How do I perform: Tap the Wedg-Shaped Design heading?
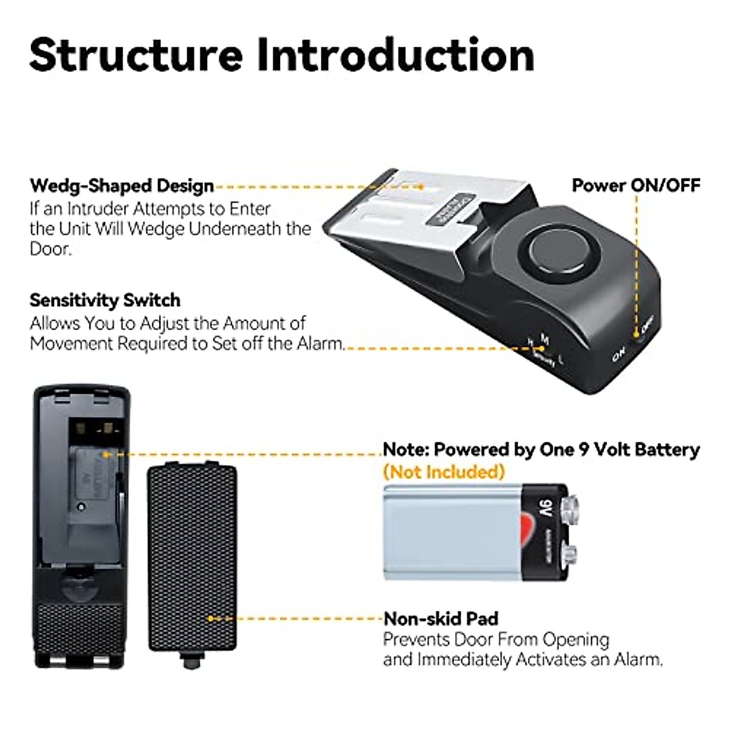[x=122, y=185]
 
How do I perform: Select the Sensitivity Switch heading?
[x=105, y=300]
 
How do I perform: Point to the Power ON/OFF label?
[x=636, y=185]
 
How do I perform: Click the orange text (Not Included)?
[x=443, y=471]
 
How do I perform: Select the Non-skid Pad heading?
[x=440, y=618]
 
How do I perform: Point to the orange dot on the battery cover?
[x=211, y=618]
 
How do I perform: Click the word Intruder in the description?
[x=98, y=208]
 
